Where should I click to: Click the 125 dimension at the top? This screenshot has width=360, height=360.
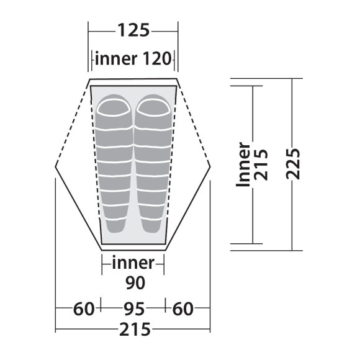pyautogui.click(x=133, y=30)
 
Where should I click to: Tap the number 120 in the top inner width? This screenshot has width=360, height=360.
pyautogui.click(x=157, y=58)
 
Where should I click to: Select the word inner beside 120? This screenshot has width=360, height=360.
pyautogui.click(x=116, y=58)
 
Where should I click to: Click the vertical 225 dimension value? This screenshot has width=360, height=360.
pyautogui.click(x=293, y=164)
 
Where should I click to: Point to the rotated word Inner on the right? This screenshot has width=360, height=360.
pyautogui.click(x=243, y=164)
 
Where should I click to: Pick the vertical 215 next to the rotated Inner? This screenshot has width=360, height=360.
pyautogui.click(x=261, y=164)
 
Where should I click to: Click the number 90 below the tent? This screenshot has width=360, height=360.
pyautogui.click(x=135, y=282)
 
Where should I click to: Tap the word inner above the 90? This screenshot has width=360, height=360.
pyautogui.click(x=133, y=263)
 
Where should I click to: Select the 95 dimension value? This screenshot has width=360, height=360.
pyautogui.click(x=135, y=309)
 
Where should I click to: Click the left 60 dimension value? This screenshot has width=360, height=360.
pyautogui.click(x=84, y=309)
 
